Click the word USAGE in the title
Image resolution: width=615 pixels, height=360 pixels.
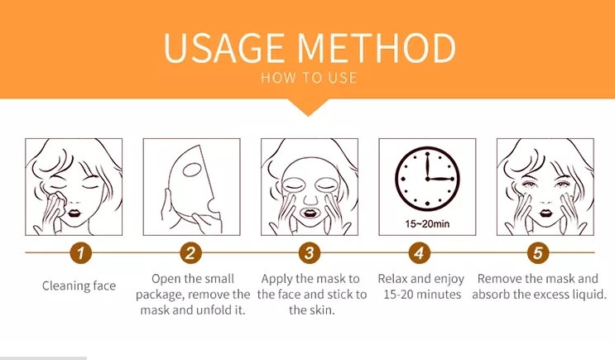223,48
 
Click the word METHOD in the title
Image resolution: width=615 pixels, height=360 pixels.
376,48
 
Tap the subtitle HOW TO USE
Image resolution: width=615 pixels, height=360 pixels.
309,78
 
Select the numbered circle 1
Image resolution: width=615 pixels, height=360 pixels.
81,253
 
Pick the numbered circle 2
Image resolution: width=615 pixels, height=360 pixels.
191,253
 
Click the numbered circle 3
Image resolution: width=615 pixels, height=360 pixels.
310,253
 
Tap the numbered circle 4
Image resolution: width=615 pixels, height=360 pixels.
420,253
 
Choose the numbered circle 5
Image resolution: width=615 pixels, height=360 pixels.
538,253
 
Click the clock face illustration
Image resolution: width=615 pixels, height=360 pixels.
427,179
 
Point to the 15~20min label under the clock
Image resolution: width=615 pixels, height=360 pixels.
427,224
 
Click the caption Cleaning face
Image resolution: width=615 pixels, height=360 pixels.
79,286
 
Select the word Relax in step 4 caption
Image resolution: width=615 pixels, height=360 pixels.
392,279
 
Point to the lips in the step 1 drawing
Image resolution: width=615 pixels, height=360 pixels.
74,213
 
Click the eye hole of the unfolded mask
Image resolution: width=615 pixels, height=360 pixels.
192,170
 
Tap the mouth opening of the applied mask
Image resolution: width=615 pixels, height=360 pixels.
310,214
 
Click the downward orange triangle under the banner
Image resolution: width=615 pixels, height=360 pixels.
308,107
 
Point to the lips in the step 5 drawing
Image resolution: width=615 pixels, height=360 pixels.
545,214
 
